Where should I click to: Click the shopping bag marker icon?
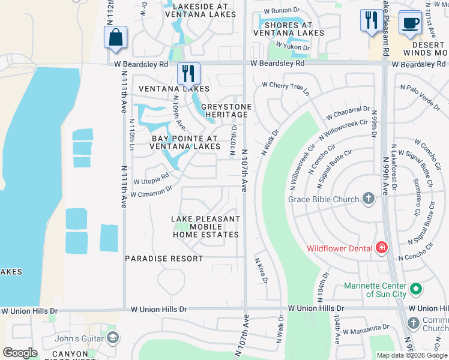tap(115, 37)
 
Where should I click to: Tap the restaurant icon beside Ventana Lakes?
tap(189, 74)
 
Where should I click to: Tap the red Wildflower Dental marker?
tap(381, 248)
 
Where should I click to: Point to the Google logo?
tap(20, 352)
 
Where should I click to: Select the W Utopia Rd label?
tap(151, 179)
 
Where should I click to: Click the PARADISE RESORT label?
tap(164, 259)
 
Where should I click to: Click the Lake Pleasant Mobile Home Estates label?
tap(206, 227)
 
